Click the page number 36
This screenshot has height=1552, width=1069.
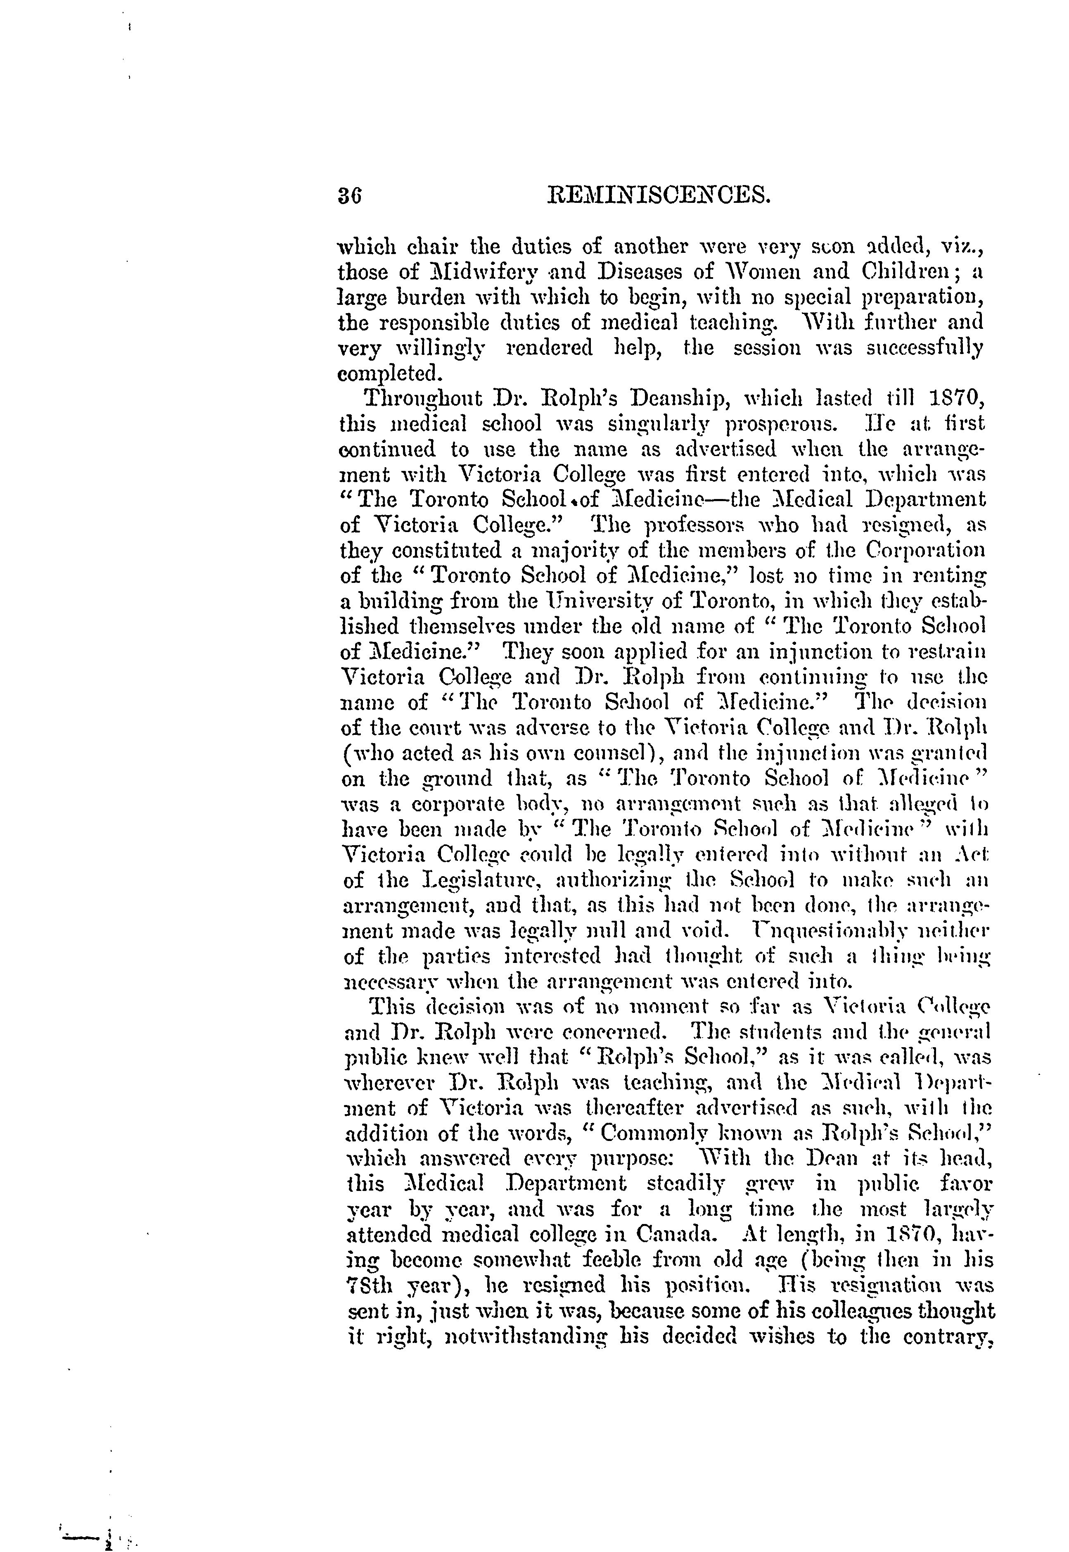tap(350, 196)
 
